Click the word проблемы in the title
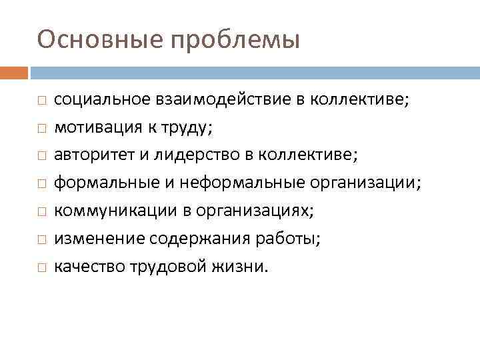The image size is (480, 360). pyautogui.click(x=235, y=41)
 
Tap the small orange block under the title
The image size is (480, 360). pyautogui.click(x=14, y=71)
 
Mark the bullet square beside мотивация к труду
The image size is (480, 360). pyautogui.click(x=41, y=128)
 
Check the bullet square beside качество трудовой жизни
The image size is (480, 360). pyautogui.click(x=41, y=267)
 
